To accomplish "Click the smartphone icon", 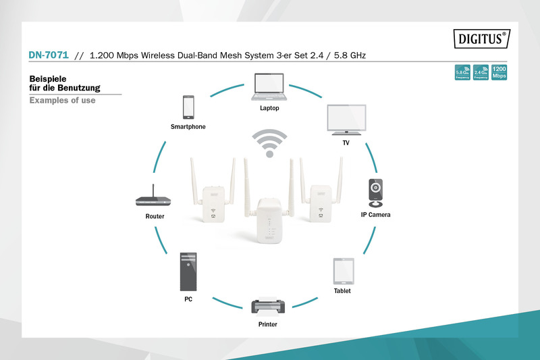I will click(188, 107).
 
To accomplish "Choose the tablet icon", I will click(342, 271).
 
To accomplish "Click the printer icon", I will click(268, 306).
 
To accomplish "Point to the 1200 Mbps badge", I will click(499, 72).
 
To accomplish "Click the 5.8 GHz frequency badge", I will click(462, 72).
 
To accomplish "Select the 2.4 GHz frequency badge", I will click(480, 72).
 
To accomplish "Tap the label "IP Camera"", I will click(375, 215).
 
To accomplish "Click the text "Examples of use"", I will click(62, 101).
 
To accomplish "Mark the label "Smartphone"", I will click(188, 127).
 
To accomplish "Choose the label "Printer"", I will click(267, 324).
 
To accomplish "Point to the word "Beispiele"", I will click(51, 78).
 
